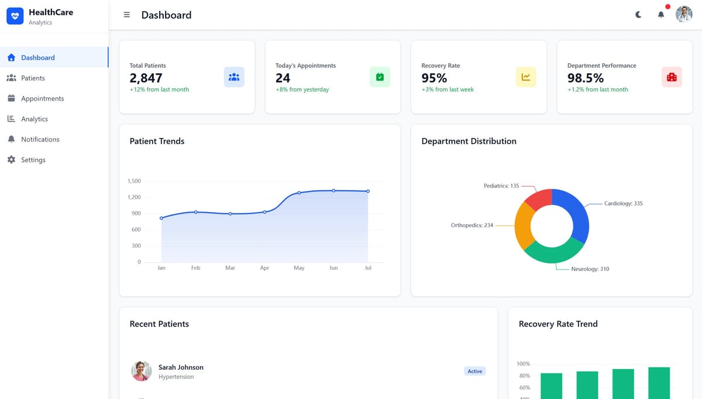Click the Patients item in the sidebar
[x=33, y=78]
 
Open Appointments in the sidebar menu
[x=42, y=99]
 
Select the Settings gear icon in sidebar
[x=11, y=159]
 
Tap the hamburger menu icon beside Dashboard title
[x=127, y=15]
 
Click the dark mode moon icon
[x=638, y=15]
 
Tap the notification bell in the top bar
[x=661, y=15]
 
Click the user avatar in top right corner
[x=684, y=15]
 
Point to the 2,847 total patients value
[x=146, y=78]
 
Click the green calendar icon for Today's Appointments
[x=380, y=77]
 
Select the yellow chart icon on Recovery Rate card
[x=525, y=77]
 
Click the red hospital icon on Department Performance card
[x=672, y=77]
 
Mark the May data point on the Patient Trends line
[x=299, y=193]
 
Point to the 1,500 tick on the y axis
[x=134, y=181]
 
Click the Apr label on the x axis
[x=264, y=268]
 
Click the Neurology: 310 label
[x=590, y=269]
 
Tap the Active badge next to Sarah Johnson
[x=475, y=371]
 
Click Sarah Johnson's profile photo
[x=141, y=371]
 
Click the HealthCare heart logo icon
[x=15, y=16]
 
